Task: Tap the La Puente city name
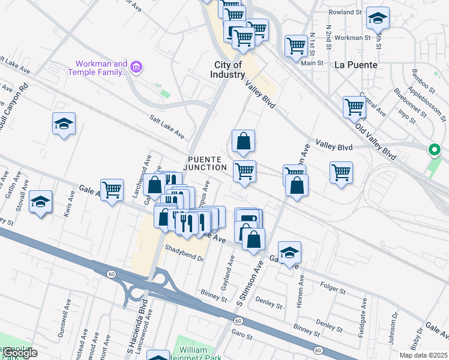(x=356, y=65)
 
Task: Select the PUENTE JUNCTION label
(x=206, y=163)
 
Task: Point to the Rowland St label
(x=345, y=11)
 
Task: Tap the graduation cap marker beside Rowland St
(x=378, y=18)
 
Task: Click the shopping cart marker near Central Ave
(x=355, y=107)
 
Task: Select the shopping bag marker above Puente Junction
(x=244, y=141)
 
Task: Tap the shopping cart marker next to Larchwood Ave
(x=112, y=190)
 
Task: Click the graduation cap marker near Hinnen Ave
(x=289, y=253)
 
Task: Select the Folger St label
(x=333, y=290)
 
